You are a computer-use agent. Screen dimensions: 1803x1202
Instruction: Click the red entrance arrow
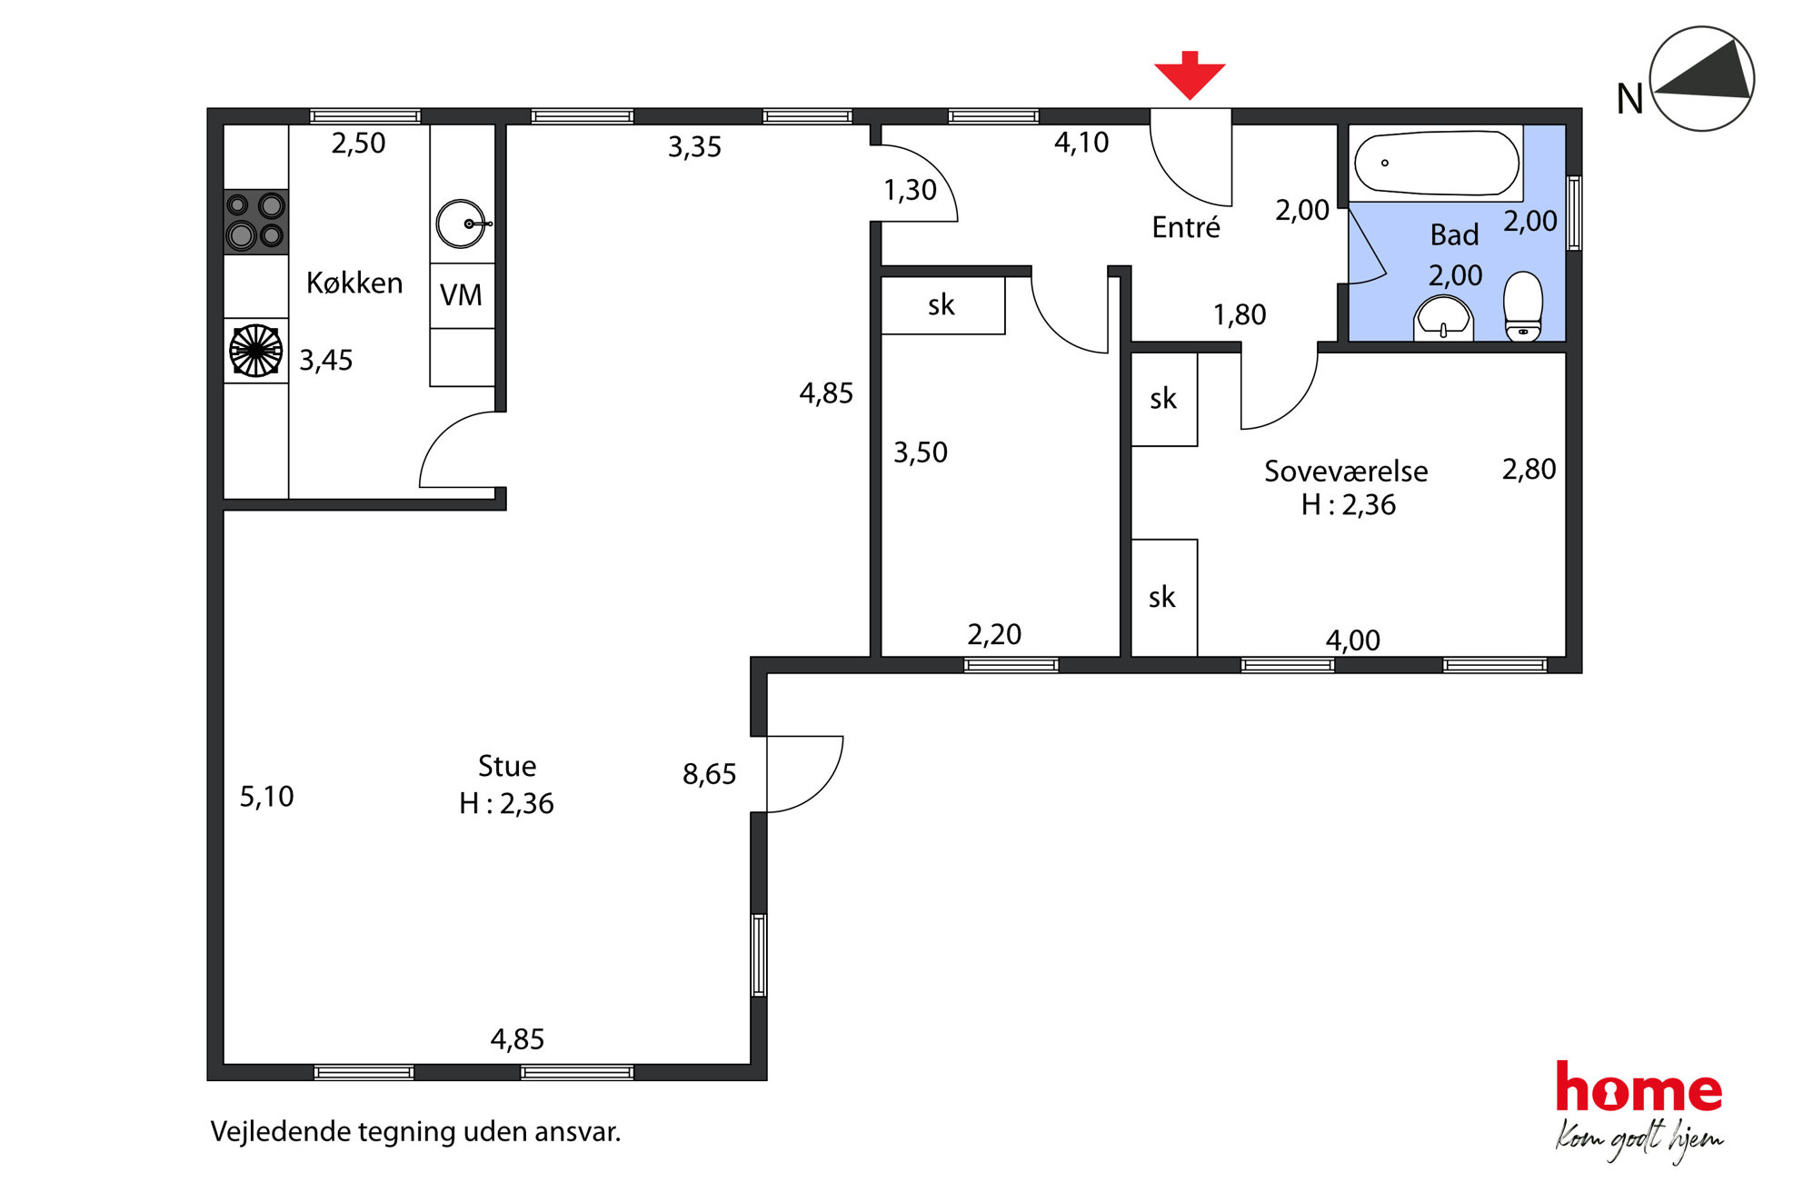click(x=1190, y=75)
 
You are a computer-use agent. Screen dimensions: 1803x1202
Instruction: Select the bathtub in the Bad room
click(x=1436, y=164)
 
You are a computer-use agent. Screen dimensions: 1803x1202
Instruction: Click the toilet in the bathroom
click(x=1523, y=307)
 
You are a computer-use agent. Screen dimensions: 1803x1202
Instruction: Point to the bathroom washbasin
click(x=1443, y=319)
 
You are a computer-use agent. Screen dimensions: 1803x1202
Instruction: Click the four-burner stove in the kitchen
click(x=256, y=222)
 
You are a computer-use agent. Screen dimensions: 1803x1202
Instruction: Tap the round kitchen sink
click(x=462, y=224)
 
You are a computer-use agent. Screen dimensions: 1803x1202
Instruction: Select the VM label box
click(x=462, y=295)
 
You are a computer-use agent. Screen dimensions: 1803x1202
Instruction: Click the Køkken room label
click(x=354, y=283)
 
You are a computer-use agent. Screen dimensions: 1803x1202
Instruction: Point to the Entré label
click(x=1186, y=226)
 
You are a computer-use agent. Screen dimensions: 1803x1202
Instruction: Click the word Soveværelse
click(x=1346, y=471)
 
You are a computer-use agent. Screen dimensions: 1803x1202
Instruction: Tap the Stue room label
click(x=507, y=766)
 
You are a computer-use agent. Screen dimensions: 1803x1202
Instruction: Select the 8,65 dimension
click(x=709, y=774)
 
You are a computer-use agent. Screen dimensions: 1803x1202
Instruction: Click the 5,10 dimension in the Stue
click(x=266, y=797)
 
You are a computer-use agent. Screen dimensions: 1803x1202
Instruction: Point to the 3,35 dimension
click(x=694, y=147)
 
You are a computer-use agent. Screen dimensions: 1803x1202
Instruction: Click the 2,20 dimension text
click(x=994, y=634)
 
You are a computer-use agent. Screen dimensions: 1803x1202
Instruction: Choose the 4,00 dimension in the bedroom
click(x=1352, y=641)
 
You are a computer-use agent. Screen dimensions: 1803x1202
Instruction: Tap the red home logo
click(x=1639, y=1088)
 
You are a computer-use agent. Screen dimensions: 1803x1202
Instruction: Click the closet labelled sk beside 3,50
click(x=943, y=305)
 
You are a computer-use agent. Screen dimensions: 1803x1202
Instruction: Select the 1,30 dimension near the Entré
click(x=910, y=190)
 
